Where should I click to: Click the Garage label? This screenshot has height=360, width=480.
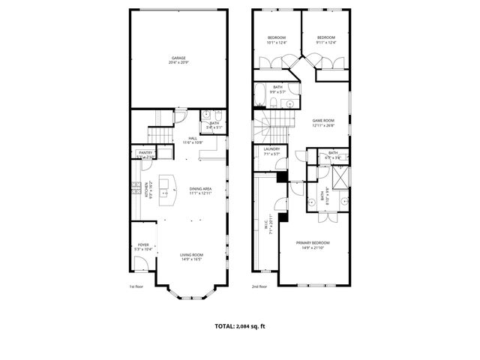tap(178, 58)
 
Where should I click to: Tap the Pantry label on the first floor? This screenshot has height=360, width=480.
tap(145, 153)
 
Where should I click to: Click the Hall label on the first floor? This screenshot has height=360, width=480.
tap(193, 139)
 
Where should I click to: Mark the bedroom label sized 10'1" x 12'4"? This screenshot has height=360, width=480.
tap(277, 40)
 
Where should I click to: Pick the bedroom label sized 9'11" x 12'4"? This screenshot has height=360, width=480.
tap(325, 40)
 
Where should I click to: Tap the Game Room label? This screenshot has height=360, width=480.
tap(323, 121)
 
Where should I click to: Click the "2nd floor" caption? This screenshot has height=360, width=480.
tap(259, 286)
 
